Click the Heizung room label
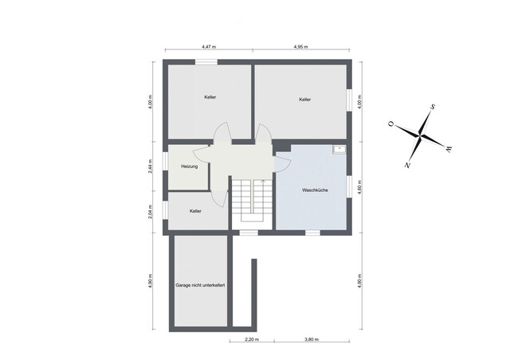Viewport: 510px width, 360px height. [189, 166]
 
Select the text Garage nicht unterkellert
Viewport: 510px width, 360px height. [200, 284]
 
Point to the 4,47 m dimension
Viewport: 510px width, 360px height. [210, 47]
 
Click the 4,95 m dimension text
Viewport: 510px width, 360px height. [300, 47]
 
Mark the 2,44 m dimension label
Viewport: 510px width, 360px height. [151, 167]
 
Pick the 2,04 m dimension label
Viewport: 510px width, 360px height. [151, 213]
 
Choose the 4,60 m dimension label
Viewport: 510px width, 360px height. [360, 187]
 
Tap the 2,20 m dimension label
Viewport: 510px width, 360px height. [251, 340]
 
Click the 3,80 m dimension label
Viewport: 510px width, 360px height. [312, 340]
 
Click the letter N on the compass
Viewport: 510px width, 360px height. [407, 165]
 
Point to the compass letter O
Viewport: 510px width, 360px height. [390, 124]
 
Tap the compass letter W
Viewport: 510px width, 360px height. [449, 147]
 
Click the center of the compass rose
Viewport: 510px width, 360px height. [420, 135]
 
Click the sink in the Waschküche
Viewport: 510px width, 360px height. [339, 149]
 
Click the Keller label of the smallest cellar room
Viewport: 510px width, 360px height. [195, 211]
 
